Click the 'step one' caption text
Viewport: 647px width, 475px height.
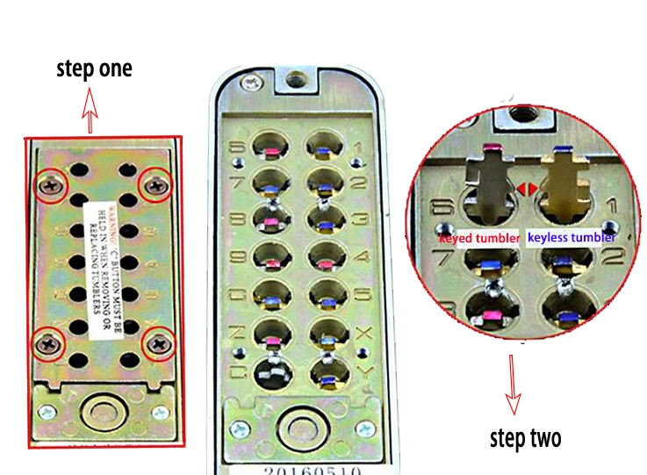point(94,68)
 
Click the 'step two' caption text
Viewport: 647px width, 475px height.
point(524,436)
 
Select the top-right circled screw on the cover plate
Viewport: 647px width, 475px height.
point(157,184)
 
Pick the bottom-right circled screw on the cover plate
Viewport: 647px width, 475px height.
point(159,343)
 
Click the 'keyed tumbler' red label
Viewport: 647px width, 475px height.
point(479,237)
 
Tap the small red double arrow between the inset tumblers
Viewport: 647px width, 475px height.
point(524,188)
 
